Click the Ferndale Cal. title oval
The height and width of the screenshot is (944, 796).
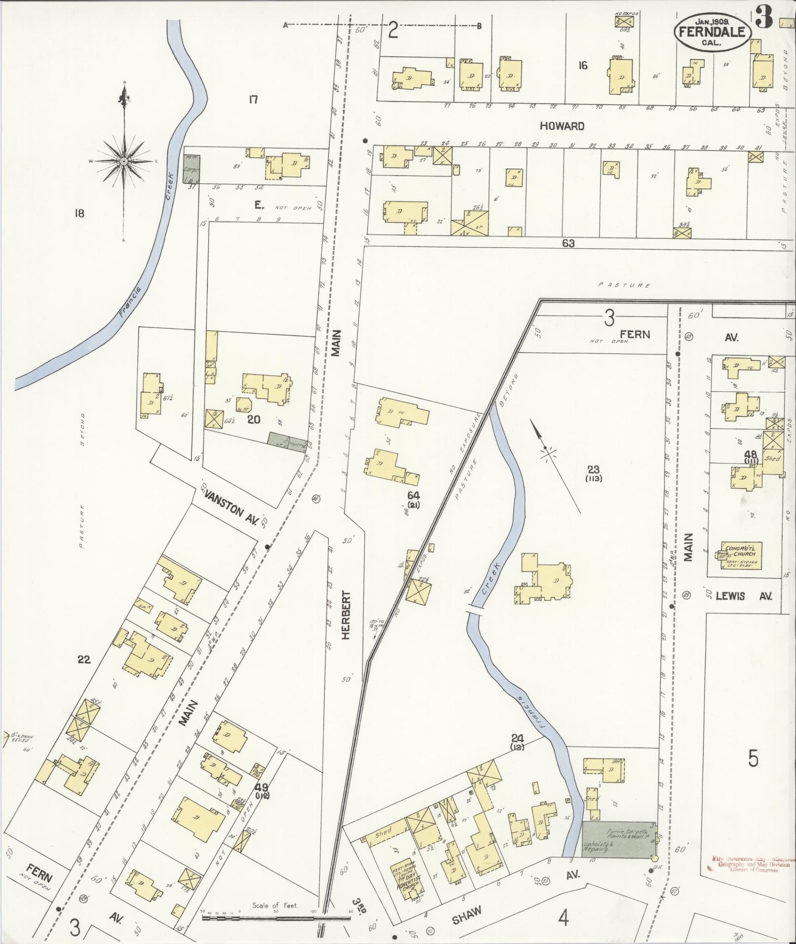coord(713,31)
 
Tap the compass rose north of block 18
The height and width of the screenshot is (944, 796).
coord(123,161)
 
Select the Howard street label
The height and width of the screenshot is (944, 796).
coord(562,126)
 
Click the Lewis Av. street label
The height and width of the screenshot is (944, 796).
coord(743,596)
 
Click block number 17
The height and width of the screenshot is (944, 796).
coord(253,100)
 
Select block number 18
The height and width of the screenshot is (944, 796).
coord(78,214)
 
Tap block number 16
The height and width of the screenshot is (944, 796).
coord(583,65)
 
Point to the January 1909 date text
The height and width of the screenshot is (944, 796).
coord(713,22)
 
